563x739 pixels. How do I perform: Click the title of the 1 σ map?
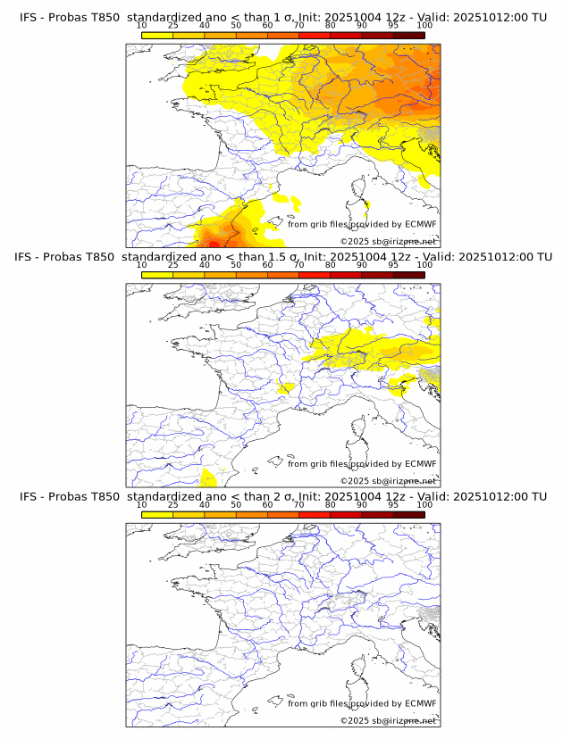pos(282,17)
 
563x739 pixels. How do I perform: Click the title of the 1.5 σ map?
pos(282,256)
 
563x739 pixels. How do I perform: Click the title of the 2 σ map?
pos(282,495)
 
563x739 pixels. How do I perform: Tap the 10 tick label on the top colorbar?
pos(142,27)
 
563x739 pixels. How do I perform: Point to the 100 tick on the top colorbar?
pos(424,27)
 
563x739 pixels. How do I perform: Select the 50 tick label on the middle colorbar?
pos(236,266)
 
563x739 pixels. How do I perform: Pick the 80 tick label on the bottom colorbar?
pos(331,505)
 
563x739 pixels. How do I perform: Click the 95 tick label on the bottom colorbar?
pos(393,505)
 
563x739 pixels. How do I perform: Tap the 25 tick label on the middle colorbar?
pos(173,266)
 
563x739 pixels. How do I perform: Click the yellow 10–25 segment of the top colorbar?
pos(157,35)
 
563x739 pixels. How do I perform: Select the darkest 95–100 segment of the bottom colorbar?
pos(408,514)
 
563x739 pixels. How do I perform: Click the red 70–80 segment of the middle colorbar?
pos(315,275)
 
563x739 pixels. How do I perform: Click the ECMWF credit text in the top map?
pos(362,224)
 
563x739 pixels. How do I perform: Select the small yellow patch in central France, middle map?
pos(287,387)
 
